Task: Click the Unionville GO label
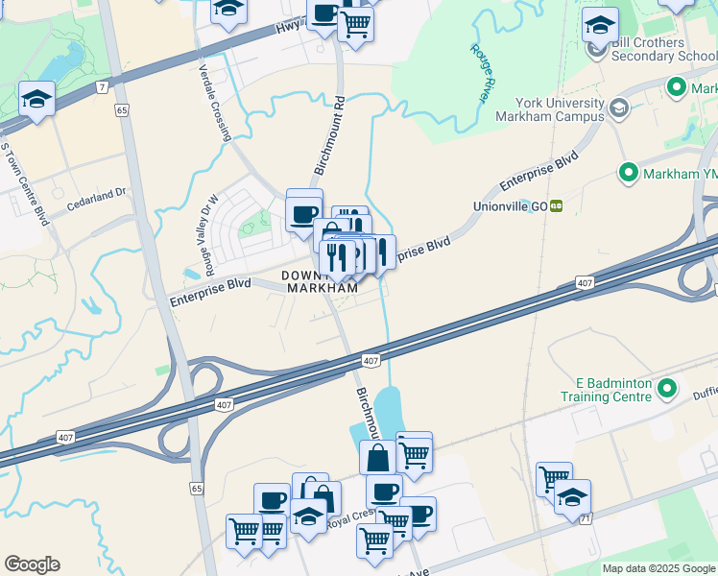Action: pyautogui.click(x=510, y=206)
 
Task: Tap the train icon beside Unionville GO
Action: pyautogui.click(x=556, y=206)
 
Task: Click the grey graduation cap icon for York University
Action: pyautogui.click(x=619, y=108)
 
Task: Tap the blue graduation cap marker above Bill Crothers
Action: pyautogui.click(x=600, y=24)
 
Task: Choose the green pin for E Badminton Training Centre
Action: pyautogui.click(x=668, y=390)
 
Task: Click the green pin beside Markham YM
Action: pyautogui.click(x=629, y=173)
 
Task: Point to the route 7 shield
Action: pyautogui.click(x=101, y=87)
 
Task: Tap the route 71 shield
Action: pyautogui.click(x=584, y=518)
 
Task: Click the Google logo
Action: pyautogui.click(x=32, y=564)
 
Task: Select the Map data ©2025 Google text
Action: pyautogui.click(x=658, y=568)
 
